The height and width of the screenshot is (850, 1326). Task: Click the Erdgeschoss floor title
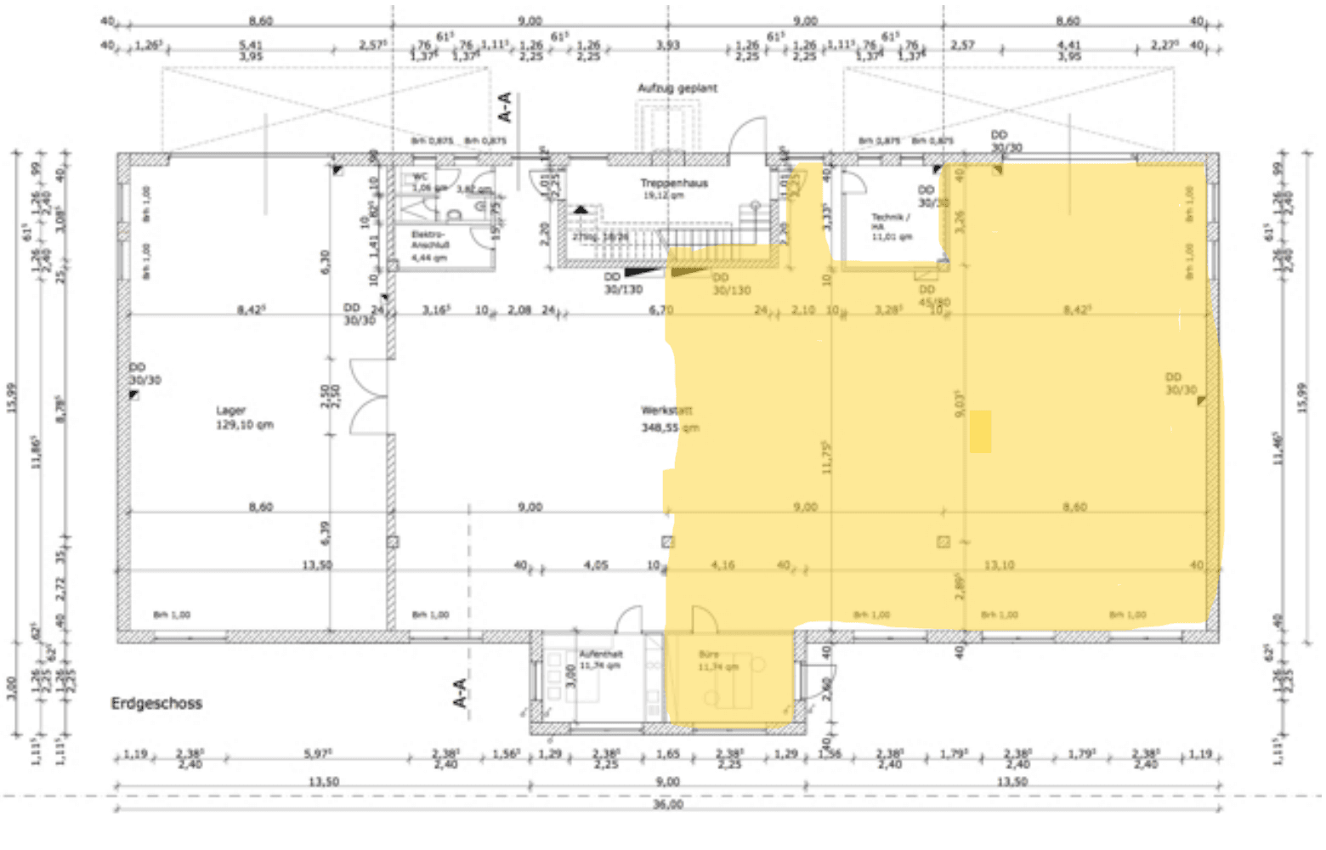tap(156, 704)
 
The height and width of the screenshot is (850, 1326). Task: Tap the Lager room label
tap(231, 411)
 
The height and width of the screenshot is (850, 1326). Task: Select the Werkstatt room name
tap(667, 411)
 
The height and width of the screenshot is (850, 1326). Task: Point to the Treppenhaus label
tap(674, 183)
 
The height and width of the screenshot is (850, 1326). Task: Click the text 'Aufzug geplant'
tap(677, 88)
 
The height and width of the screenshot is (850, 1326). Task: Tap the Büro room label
tap(709, 654)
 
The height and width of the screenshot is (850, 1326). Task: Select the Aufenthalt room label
tap(601, 654)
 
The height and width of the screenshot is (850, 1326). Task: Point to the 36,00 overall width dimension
tap(667, 804)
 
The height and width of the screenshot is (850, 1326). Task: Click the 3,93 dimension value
tap(668, 45)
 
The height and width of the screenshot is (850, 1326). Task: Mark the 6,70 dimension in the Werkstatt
tap(660, 309)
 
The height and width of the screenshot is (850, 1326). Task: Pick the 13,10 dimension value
tap(999, 564)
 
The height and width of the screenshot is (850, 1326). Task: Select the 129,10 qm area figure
tap(245, 424)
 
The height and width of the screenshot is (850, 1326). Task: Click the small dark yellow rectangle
tap(980, 431)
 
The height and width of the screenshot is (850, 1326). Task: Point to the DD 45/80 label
tap(933, 296)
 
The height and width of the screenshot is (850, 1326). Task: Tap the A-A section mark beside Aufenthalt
tap(461, 692)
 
